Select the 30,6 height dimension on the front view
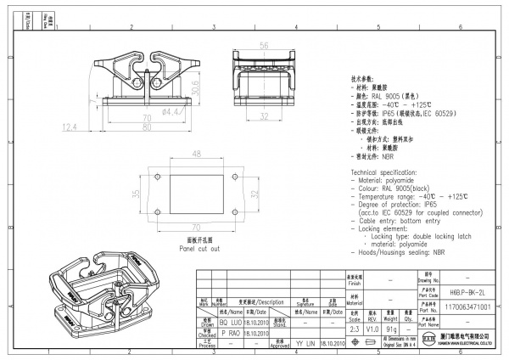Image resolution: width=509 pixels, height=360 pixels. [196, 87]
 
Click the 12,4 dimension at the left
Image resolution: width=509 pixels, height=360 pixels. [70, 127]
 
